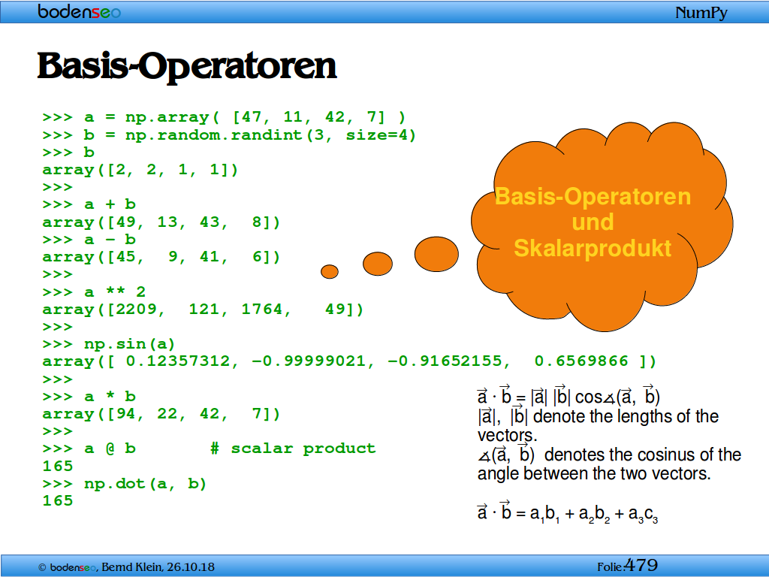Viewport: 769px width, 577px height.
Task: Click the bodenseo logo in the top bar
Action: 79,11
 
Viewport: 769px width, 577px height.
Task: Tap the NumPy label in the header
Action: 701,13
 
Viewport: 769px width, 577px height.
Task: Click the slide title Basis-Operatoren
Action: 187,66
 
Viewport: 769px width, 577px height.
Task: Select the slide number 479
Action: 641,565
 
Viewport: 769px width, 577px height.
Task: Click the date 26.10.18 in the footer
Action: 191,567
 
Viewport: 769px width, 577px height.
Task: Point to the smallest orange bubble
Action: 330,271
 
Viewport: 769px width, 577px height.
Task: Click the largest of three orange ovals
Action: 436,254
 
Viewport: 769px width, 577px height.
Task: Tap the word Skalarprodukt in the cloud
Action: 593,248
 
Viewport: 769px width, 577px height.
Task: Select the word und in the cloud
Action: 593,222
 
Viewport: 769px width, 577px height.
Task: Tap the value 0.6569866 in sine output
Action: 581,361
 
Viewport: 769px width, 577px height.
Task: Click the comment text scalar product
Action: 303,449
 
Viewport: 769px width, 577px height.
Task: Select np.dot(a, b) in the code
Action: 145,484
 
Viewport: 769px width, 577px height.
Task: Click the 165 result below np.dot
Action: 58,501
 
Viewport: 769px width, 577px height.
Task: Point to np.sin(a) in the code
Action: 129,344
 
